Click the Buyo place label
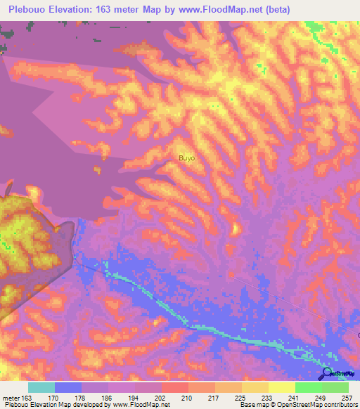(186, 158)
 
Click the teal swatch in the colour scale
(41, 387)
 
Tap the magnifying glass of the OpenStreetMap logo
(328, 372)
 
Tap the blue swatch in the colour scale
(67, 387)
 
